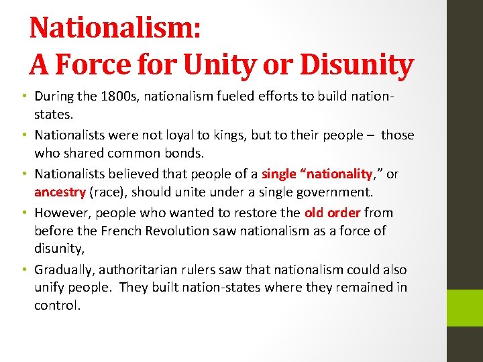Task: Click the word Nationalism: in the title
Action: tap(114, 28)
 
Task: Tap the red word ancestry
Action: tap(60, 192)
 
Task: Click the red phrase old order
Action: tap(332, 213)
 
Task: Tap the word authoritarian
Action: tap(146, 269)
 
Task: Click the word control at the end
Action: tap(58, 306)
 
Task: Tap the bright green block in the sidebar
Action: tap(464, 308)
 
